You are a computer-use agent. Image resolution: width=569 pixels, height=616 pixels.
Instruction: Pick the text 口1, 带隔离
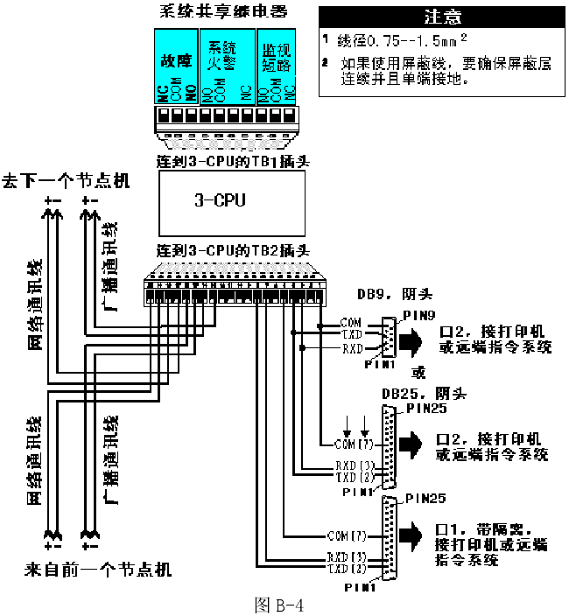point(483,529)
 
